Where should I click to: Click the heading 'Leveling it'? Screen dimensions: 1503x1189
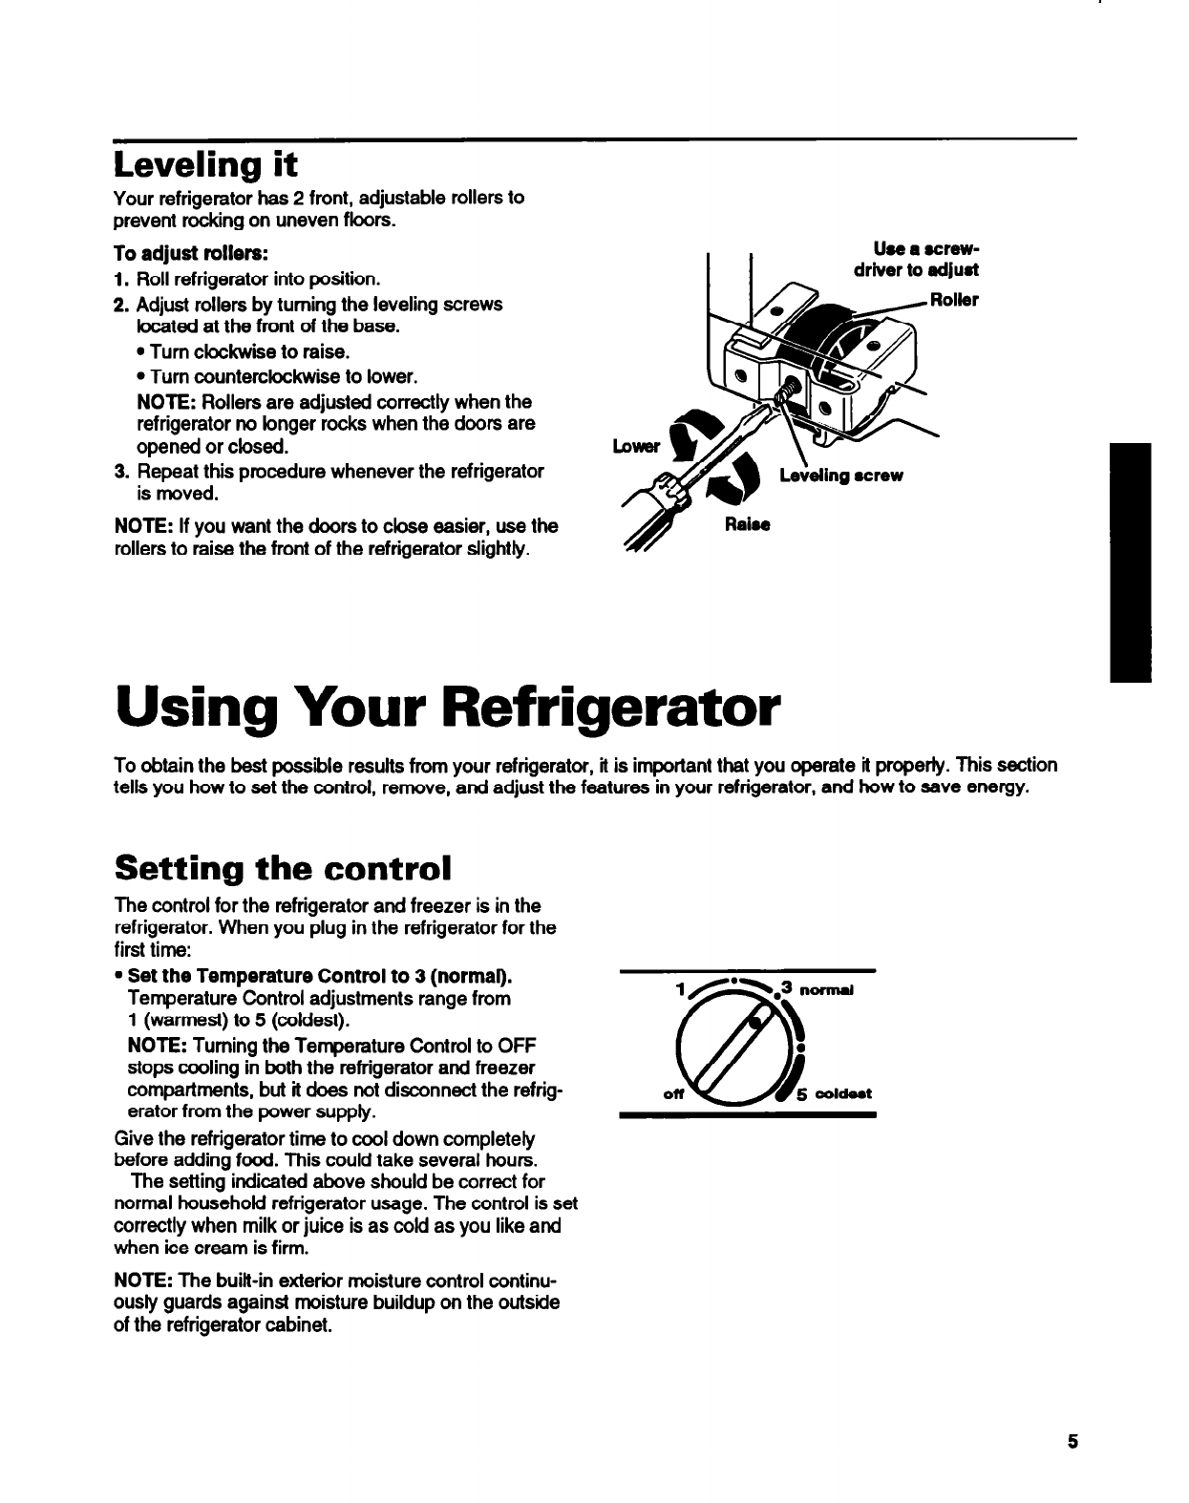[x=205, y=165]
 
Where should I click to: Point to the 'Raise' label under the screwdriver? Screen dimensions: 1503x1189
[x=747, y=524]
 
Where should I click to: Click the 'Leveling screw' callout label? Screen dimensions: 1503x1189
[x=840, y=476]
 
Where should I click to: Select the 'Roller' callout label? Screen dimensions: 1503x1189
[x=954, y=299]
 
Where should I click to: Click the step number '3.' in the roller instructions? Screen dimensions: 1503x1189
[x=120, y=472]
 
